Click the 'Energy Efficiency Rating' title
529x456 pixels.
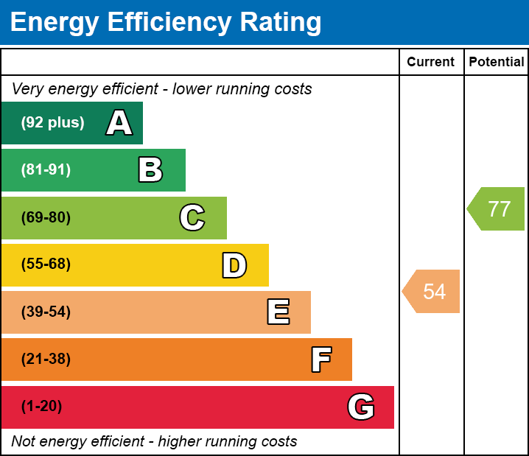tap(166, 22)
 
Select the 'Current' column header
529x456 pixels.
tap(431, 63)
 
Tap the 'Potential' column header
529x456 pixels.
tap(497, 63)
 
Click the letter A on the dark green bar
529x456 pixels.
tap(119, 123)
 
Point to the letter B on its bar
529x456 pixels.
tap(150, 170)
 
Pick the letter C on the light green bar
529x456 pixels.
tap(192, 217)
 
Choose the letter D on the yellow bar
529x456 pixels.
tap(234, 265)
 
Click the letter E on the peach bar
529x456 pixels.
tap(278, 312)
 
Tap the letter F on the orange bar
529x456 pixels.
tap(320, 359)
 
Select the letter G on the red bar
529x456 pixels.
tap(361, 407)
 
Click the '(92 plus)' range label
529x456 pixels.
tap(52, 123)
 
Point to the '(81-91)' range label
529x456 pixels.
tap(46, 170)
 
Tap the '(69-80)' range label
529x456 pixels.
tap(46, 217)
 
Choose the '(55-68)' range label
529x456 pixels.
tap(46, 264)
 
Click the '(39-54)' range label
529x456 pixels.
tap(46, 312)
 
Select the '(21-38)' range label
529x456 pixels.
tap(46, 359)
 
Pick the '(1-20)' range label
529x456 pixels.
tap(42, 407)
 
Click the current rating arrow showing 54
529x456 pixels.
tap(432, 292)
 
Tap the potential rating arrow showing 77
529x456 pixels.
tap(497, 209)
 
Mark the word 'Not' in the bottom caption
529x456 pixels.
tap(24, 442)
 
